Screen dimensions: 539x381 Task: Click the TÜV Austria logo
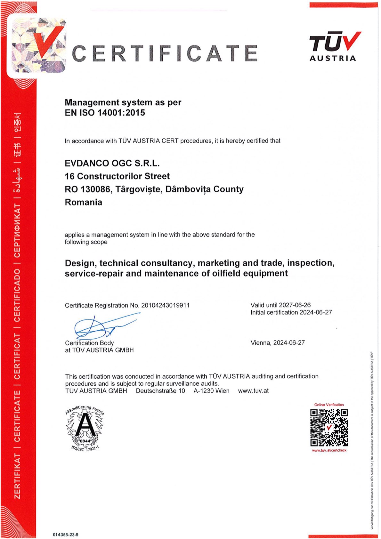tap(335, 46)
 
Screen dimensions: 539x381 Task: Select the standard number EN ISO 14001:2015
tap(105, 113)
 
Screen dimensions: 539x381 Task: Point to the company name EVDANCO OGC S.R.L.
tap(112, 163)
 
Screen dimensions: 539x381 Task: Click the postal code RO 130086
tap(88, 189)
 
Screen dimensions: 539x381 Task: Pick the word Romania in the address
tap(83, 202)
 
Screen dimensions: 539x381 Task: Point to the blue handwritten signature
tap(99, 326)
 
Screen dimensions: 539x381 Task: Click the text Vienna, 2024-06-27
tap(278, 343)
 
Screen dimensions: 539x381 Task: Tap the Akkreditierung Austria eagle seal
tap(85, 428)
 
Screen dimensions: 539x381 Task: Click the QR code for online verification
tap(329, 428)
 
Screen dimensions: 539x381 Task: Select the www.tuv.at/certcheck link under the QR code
tap(329, 450)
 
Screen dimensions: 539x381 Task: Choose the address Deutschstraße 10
tap(160, 391)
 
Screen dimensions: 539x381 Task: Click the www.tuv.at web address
tap(253, 391)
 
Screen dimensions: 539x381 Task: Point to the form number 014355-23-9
tap(66, 535)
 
